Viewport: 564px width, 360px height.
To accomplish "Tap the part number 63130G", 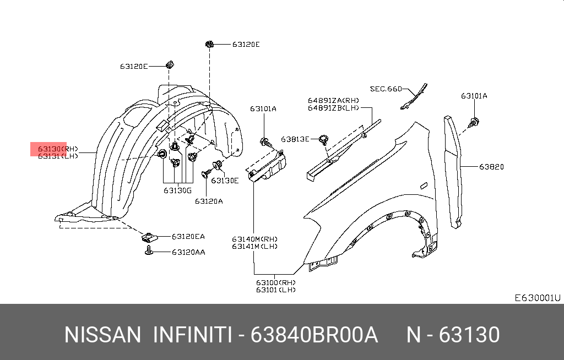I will point(177,190).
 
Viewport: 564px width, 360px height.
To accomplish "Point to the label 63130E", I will point(225,181).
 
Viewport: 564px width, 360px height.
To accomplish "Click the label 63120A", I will point(209,201).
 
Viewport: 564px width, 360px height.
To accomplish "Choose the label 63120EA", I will point(188,237).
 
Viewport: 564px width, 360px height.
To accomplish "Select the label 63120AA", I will point(188,252).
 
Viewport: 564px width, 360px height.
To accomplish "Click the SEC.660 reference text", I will point(386,89).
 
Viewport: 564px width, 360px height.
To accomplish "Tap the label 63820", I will point(491,166).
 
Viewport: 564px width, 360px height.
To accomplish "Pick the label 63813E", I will point(295,139).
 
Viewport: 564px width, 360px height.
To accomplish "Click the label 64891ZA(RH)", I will point(333,100).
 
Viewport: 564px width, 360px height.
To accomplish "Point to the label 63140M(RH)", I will point(254,239).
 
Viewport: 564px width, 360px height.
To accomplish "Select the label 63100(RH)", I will point(275,282).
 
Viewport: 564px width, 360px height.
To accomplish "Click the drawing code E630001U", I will point(537,298).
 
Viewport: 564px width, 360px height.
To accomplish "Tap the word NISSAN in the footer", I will point(102,335).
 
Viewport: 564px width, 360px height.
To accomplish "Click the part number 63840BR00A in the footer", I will point(314,335).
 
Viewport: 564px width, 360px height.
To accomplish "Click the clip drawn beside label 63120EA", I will point(148,237).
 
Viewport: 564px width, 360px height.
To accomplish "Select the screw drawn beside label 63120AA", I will point(148,252).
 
